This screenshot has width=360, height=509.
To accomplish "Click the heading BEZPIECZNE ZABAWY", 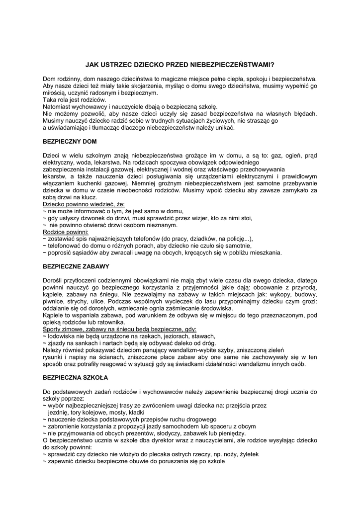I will coord(75,266).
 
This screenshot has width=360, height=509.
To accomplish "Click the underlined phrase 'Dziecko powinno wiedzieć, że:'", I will coord(84,204).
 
